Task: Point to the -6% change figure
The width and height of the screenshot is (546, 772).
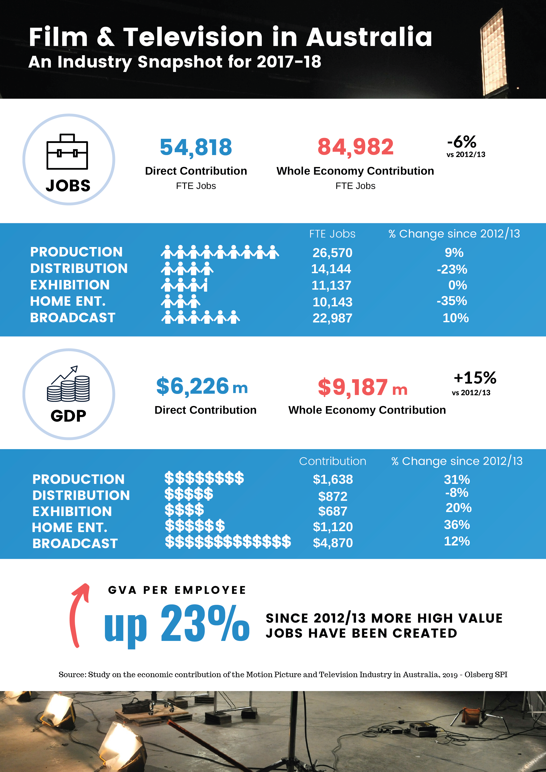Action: pos(462,142)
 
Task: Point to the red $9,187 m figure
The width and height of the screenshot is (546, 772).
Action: pos(363,387)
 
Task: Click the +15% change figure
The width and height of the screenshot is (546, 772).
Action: pos(475,378)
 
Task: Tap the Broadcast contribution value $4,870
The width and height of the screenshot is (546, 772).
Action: pos(333,543)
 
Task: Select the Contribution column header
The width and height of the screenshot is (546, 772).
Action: pos(333,461)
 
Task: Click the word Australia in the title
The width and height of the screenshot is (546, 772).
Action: pos(369,37)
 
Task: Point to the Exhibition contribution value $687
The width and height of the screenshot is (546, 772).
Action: pos(333,511)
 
